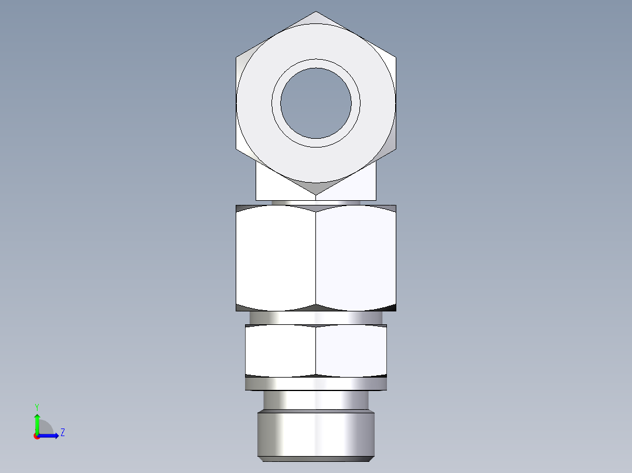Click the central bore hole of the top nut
pos(316,104)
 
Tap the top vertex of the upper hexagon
pos(316,12)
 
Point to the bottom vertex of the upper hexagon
pos(316,195)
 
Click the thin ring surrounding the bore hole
pos(316,63)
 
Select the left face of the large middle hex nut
pos(276,258)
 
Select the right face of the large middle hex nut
pos(356,258)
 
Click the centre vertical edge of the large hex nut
pos(316,258)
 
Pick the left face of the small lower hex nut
pos(280,350)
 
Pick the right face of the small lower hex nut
pos(351,350)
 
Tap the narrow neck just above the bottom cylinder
pos(316,400)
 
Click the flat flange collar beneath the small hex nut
pos(316,383)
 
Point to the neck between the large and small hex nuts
pos(316,317)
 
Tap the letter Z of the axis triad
pos(62,433)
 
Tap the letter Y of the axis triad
pos(37,406)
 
